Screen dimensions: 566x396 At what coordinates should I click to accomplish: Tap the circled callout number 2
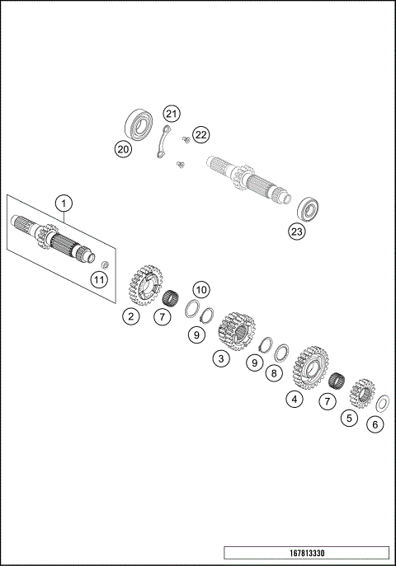(130, 316)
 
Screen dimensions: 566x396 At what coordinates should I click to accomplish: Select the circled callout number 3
(220, 358)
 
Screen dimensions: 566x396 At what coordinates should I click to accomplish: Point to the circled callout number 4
(293, 400)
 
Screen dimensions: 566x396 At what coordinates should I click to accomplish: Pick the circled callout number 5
(350, 418)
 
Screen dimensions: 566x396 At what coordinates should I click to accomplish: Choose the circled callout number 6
(376, 425)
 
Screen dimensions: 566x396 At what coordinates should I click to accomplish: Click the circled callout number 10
(201, 289)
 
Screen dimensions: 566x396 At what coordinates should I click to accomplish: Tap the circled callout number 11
(99, 281)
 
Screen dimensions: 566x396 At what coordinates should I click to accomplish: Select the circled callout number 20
(123, 149)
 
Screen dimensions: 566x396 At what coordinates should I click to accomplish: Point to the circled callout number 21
(171, 113)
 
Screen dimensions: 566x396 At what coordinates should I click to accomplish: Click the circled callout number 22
(201, 134)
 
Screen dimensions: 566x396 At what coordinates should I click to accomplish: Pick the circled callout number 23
(296, 232)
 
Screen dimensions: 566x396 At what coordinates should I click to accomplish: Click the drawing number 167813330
(305, 553)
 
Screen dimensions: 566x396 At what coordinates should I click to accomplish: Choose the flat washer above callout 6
(382, 404)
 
